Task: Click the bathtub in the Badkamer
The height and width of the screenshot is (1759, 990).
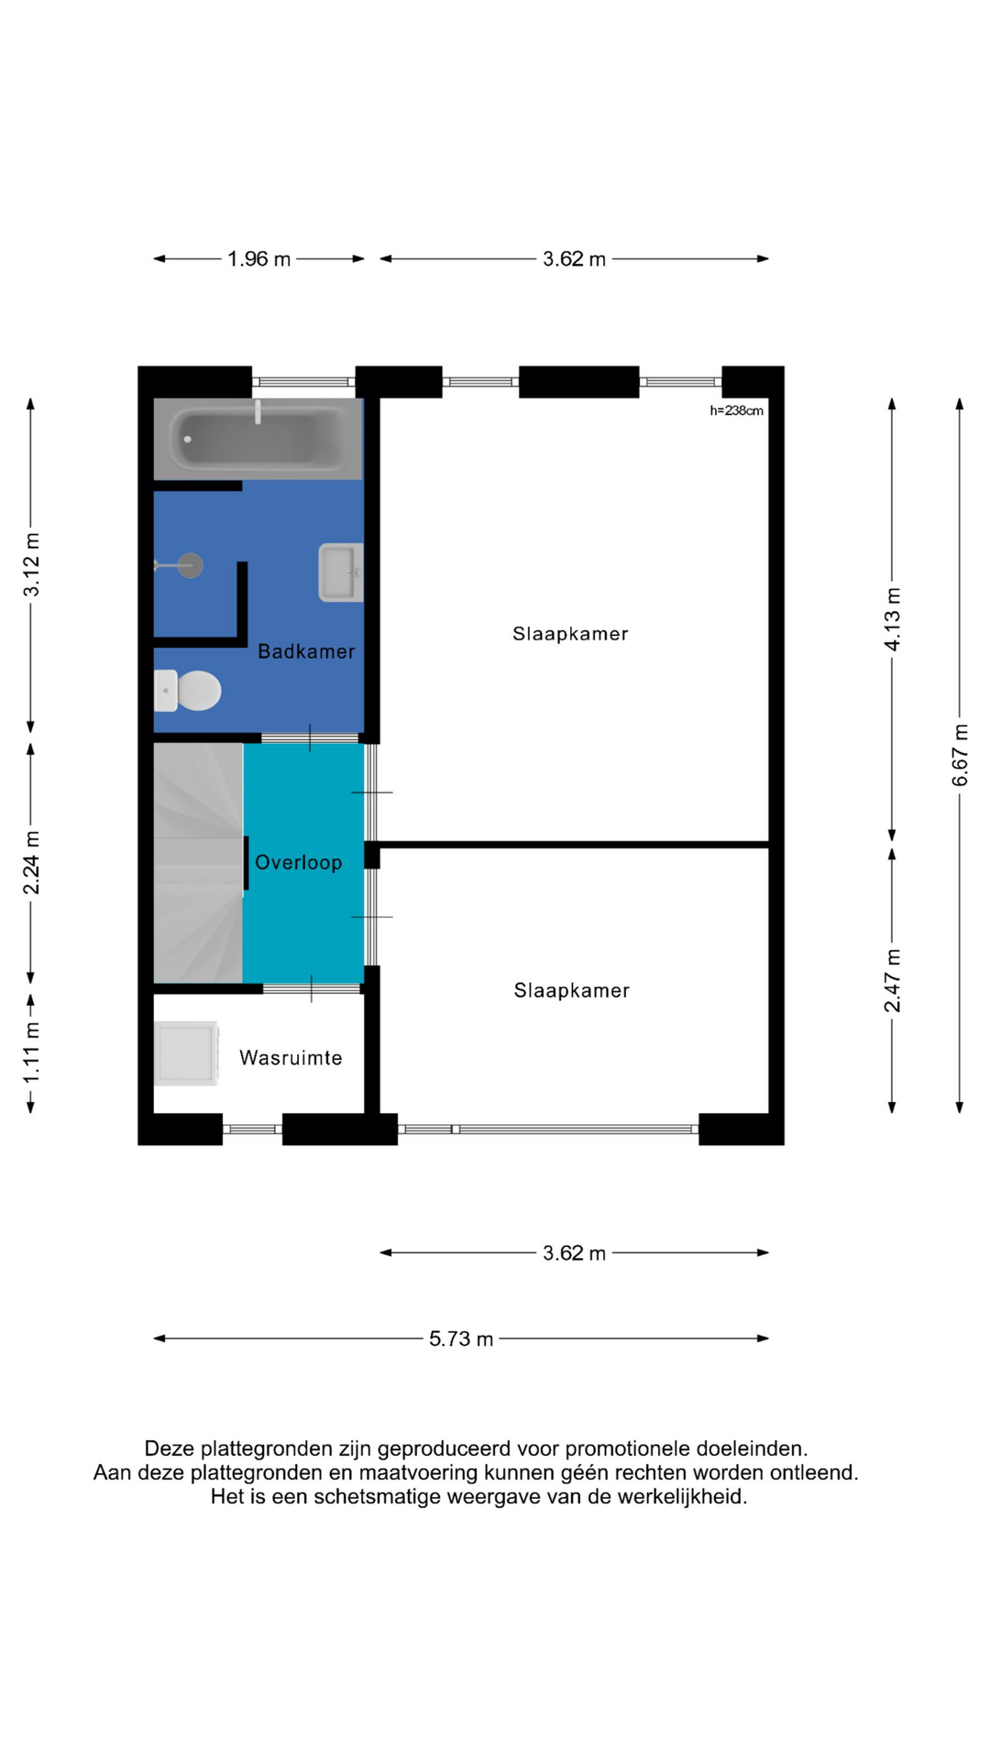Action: pyautogui.click(x=258, y=439)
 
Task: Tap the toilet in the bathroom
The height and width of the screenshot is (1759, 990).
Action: pyautogui.click(x=187, y=691)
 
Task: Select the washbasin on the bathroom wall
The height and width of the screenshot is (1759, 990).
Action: pyautogui.click(x=341, y=573)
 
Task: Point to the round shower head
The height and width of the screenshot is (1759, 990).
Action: pyautogui.click(x=190, y=565)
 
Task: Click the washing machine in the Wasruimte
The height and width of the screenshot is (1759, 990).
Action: pyautogui.click(x=186, y=1054)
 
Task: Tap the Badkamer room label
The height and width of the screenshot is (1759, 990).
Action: pyautogui.click(x=306, y=651)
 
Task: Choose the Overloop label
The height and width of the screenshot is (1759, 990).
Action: pyautogui.click(x=299, y=862)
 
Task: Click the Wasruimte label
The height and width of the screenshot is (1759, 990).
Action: pyautogui.click(x=291, y=1058)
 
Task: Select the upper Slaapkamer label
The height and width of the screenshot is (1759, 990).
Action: pyautogui.click(x=570, y=634)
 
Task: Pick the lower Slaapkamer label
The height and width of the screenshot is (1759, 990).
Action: pyautogui.click(x=572, y=990)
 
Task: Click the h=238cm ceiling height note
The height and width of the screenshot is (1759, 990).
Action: pyautogui.click(x=736, y=410)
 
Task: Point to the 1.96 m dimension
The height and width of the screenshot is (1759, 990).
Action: pyautogui.click(x=259, y=259)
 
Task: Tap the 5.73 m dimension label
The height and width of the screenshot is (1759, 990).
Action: pyautogui.click(x=461, y=1338)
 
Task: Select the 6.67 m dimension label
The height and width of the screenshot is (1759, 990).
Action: pyautogui.click(x=960, y=755)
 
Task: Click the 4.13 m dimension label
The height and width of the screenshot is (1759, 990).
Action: pyautogui.click(x=892, y=619)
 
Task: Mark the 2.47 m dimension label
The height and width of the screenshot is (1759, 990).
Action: pyautogui.click(x=892, y=980)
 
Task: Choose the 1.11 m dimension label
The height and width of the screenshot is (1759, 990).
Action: pyautogui.click(x=32, y=1052)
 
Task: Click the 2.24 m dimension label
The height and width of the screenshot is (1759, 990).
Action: pyautogui.click(x=32, y=863)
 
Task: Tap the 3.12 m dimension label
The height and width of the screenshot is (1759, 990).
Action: pyautogui.click(x=32, y=564)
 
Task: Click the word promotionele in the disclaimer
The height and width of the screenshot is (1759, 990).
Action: pyautogui.click(x=627, y=1448)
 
